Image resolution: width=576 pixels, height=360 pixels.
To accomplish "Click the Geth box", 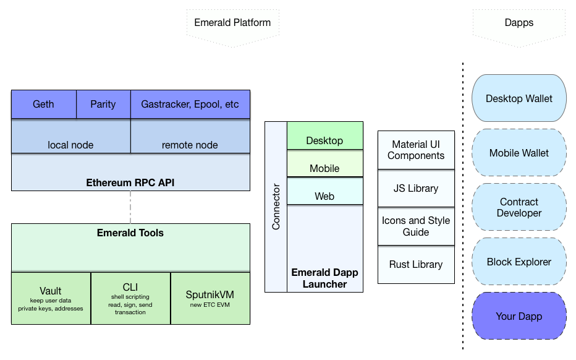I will point(43,104).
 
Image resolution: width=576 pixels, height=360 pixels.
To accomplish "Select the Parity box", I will point(103,104).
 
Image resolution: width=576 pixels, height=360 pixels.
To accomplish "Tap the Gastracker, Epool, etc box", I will point(190,104).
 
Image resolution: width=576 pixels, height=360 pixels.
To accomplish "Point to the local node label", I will point(70,145).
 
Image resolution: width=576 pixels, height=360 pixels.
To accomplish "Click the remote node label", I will point(190,145).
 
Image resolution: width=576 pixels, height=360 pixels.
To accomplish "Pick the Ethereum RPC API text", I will point(130,182).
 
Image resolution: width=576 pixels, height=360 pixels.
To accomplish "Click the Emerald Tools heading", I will point(130,233).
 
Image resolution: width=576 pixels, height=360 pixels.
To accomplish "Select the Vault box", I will point(51,298).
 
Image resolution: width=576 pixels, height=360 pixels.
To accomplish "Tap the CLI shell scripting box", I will point(130,298).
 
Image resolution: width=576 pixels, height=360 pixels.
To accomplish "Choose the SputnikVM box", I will point(210,298).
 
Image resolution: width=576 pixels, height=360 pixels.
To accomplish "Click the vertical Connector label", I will point(276,207).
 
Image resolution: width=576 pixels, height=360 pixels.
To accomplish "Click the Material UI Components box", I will point(416,150).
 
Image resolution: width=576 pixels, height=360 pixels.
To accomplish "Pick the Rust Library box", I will point(416,265).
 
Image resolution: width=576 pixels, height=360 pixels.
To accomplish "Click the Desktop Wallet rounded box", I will point(519,98).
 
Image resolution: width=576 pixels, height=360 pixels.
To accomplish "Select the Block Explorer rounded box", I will point(519,262).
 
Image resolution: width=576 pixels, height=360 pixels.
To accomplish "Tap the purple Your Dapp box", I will point(519,316).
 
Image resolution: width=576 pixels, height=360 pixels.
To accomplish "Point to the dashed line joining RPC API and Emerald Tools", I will point(130,207).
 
